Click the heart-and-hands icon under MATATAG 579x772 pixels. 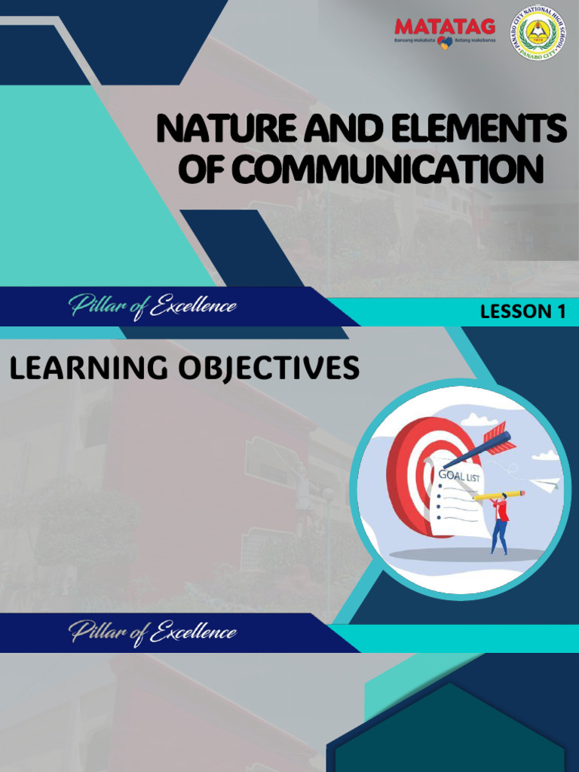(445, 43)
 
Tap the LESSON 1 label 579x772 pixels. (522, 312)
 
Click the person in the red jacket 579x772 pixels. (500, 524)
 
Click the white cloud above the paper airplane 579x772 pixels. (545, 455)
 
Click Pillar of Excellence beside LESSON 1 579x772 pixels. (153, 307)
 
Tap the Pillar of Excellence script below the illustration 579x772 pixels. (153, 632)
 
